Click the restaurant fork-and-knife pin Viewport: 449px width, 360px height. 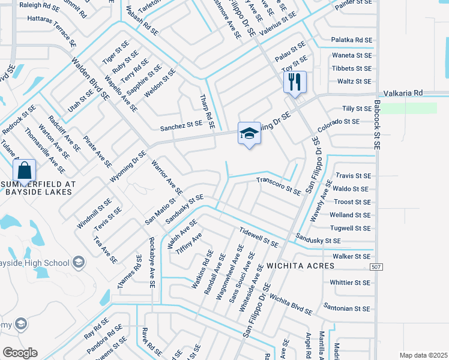coord(294,82)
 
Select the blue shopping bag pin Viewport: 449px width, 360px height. coord(23,170)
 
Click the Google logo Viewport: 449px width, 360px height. coord(20,352)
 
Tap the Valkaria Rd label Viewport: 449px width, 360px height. coord(403,93)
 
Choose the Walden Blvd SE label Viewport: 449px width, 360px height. coord(90,78)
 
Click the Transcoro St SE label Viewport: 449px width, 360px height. coord(279,185)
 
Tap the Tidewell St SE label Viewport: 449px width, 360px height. coord(258,238)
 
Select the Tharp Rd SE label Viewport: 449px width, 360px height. coord(206,112)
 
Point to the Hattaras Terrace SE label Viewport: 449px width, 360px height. coord(52,31)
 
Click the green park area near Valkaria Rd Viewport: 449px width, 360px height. coord(410,108)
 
